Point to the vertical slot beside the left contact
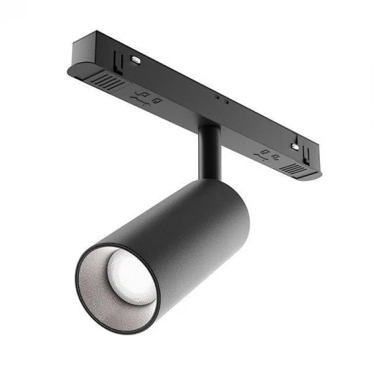click(x=124, y=60)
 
